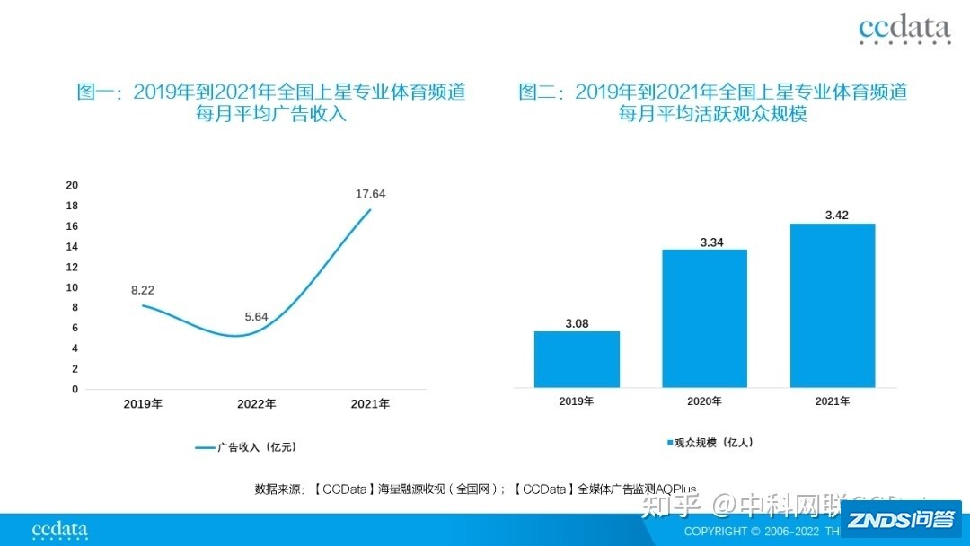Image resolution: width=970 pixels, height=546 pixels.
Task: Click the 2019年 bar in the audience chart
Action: click(577, 359)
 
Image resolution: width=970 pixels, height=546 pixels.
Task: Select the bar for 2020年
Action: click(705, 318)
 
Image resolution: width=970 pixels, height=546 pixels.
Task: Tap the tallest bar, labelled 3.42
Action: click(833, 305)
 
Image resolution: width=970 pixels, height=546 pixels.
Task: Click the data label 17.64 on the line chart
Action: click(370, 194)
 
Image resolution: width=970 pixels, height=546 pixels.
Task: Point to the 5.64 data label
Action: click(256, 316)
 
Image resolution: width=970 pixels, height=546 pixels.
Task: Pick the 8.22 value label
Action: click(143, 290)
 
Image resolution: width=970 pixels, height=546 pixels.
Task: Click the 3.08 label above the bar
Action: click(577, 323)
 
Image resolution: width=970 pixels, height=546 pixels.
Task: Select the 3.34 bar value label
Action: click(705, 242)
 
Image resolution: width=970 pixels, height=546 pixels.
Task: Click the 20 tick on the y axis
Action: click(72, 185)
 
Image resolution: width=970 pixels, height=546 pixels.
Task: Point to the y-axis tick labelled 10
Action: click(72, 287)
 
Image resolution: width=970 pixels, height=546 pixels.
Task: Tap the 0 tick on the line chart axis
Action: click(75, 389)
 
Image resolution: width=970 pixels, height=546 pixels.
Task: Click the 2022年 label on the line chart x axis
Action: click(257, 404)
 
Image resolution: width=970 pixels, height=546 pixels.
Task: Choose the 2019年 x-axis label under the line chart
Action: click(143, 404)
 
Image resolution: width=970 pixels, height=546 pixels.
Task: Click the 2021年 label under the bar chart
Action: click(833, 401)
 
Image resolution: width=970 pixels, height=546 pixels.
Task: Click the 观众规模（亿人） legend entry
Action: click(710, 443)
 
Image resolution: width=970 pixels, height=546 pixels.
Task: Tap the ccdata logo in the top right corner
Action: click(904, 30)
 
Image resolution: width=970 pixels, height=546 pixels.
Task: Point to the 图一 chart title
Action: click(271, 102)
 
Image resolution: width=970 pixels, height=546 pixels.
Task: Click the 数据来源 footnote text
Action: click(476, 489)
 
